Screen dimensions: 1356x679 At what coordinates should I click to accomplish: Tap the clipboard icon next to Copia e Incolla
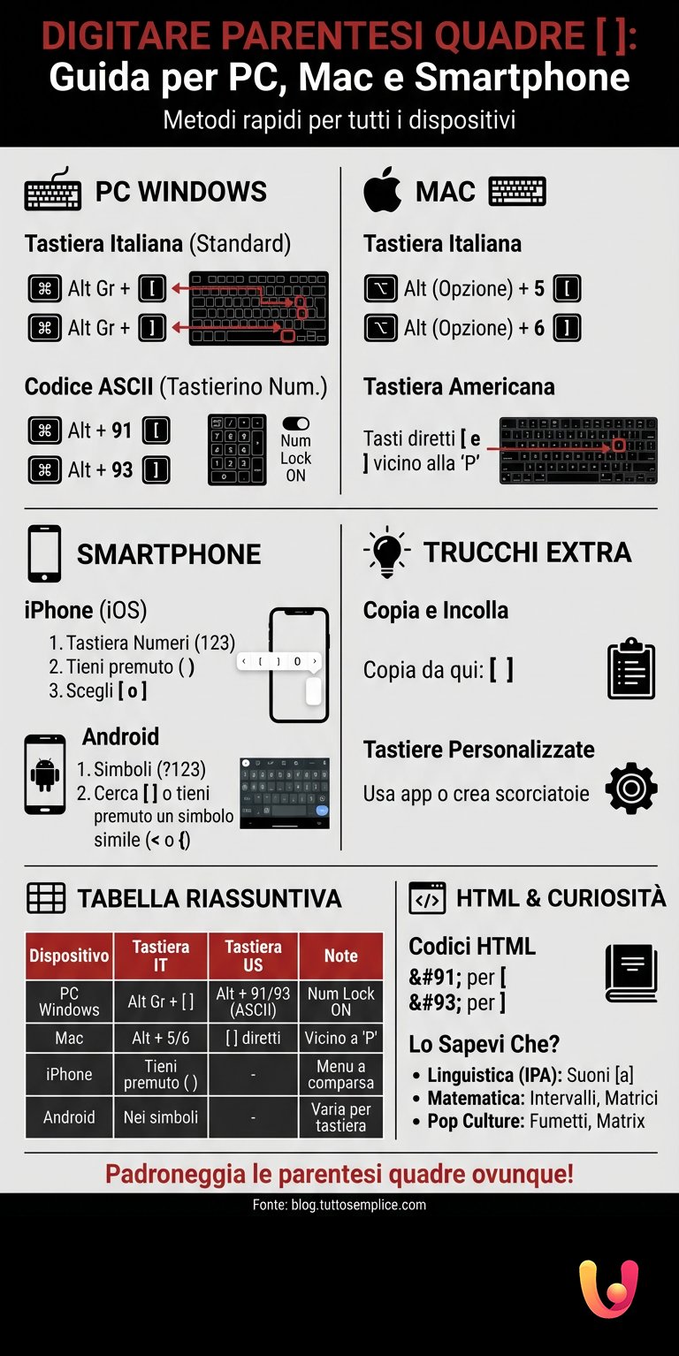(x=631, y=668)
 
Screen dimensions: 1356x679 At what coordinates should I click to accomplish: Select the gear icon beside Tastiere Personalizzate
(x=631, y=788)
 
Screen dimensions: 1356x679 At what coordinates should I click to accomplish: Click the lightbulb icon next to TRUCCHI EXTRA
(x=386, y=553)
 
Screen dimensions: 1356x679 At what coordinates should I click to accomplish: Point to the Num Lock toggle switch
(x=296, y=424)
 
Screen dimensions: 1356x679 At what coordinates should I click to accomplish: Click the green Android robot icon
(x=44, y=774)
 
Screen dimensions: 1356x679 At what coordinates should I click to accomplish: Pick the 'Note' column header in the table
(x=340, y=956)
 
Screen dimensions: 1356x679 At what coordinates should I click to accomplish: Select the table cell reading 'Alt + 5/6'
(x=161, y=1038)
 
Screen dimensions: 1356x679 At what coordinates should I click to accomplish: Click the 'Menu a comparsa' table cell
(x=340, y=1074)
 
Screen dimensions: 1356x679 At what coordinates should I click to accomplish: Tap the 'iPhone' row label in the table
(x=69, y=1074)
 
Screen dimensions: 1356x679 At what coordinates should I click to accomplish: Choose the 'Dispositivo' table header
(x=69, y=956)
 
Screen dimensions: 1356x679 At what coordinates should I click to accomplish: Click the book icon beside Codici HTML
(x=631, y=973)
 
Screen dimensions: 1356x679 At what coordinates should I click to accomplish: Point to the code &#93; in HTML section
(x=434, y=1002)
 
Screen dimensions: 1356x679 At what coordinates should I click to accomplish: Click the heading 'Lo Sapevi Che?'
(x=484, y=1044)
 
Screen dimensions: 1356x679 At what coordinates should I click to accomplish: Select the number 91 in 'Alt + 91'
(x=121, y=430)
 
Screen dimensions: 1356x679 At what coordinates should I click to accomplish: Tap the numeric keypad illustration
(x=237, y=449)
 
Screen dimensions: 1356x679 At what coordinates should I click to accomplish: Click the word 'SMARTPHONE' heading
(x=169, y=554)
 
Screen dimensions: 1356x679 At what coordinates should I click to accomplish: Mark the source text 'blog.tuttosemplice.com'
(x=358, y=1205)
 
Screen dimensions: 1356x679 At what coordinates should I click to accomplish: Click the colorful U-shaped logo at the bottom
(x=608, y=1288)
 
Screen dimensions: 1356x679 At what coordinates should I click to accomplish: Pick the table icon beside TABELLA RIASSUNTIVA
(x=46, y=898)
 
